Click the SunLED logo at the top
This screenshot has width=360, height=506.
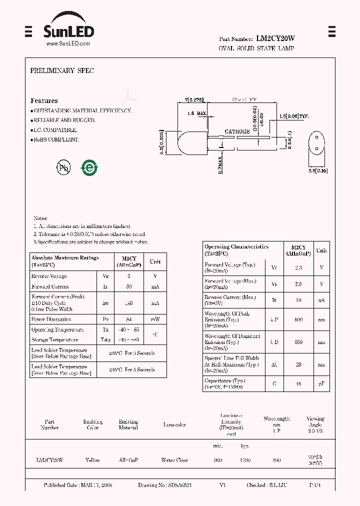click(x=68, y=29)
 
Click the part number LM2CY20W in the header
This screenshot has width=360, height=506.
click(x=275, y=38)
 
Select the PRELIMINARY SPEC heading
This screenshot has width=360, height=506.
click(x=62, y=71)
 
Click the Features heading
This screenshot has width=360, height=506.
click(x=44, y=100)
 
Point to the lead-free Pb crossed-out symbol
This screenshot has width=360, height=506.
click(x=63, y=168)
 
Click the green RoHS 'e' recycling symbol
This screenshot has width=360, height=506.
click(x=90, y=168)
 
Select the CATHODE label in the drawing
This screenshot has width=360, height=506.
click(x=236, y=131)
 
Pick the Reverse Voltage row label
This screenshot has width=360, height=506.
click(x=49, y=276)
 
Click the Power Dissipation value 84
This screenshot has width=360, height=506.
click(x=129, y=319)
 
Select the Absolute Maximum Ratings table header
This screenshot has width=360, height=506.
click(x=65, y=261)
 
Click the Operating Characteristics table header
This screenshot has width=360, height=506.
click(x=236, y=249)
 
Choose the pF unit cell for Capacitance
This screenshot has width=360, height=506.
click(x=321, y=383)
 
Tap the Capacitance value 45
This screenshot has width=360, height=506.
click(x=298, y=383)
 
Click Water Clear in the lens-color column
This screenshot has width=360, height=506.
click(x=174, y=460)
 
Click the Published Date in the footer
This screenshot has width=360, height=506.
click(x=78, y=485)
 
